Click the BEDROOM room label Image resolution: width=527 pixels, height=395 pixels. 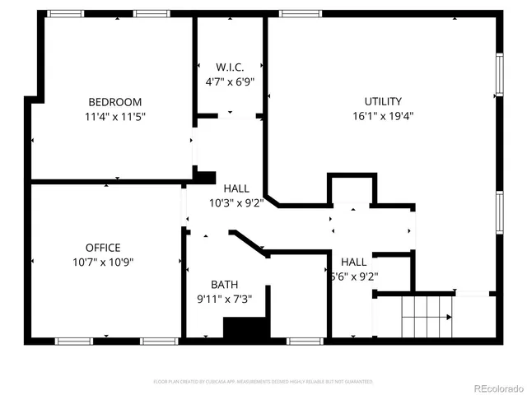point(114,102)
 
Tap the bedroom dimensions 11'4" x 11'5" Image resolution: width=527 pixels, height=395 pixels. point(114,116)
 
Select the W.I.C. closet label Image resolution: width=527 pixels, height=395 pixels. point(229,67)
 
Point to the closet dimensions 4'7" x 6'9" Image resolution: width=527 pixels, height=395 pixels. point(229,81)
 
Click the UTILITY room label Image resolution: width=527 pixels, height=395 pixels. point(383,102)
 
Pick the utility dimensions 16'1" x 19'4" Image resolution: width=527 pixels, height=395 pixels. point(383,116)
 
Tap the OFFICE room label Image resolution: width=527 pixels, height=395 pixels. point(103,248)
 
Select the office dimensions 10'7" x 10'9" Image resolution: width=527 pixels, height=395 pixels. point(103,262)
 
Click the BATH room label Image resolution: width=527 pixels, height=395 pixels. point(224,285)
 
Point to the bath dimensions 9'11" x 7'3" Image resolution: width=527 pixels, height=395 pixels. point(224,299)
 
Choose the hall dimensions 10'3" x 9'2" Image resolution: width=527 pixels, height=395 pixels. point(236,203)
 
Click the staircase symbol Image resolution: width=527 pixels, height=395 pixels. point(426,316)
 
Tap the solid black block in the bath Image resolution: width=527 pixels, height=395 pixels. point(246,328)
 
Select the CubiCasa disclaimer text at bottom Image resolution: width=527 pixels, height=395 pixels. point(263,382)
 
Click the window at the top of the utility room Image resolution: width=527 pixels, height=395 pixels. point(300,13)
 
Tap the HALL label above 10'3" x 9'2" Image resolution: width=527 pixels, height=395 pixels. point(236,188)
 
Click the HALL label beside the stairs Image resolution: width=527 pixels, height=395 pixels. point(353,263)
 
